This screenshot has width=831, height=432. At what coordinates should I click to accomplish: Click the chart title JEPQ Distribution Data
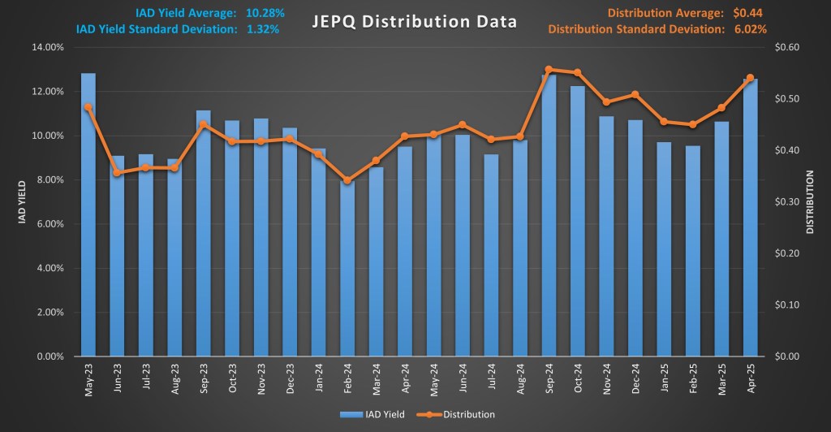click(x=415, y=22)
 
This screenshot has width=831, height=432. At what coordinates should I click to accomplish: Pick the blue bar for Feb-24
click(x=347, y=268)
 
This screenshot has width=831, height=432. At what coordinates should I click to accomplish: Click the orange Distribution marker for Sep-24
click(x=549, y=70)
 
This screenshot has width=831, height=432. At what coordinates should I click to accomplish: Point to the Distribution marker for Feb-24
click(x=347, y=180)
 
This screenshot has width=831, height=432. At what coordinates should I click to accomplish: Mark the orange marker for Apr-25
click(x=751, y=78)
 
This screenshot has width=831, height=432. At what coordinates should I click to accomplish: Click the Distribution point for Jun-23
click(x=117, y=173)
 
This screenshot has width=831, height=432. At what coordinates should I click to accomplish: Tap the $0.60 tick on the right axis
click(x=788, y=47)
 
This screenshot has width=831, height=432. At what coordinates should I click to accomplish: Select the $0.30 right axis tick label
click(x=788, y=201)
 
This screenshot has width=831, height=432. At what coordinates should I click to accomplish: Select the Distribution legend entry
click(x=459, y=414)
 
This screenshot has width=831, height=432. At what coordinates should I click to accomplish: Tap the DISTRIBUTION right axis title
click(x=810, y=201)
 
